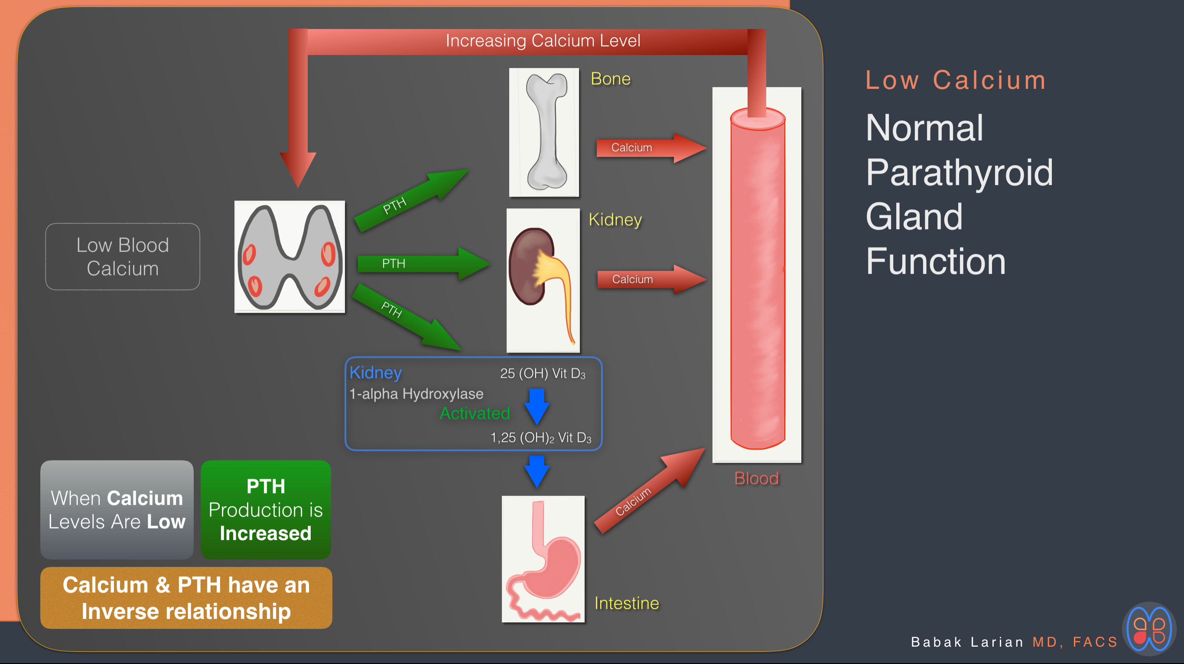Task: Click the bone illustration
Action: coord(544,133)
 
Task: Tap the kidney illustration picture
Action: coord(543,280)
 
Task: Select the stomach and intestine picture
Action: coord(543,559)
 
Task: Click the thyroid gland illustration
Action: coord(289,257)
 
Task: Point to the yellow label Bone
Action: coord(610,78)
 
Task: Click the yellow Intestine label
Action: coord(627,603)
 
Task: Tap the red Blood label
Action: coord(756,478)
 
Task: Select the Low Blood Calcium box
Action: coord(123,256)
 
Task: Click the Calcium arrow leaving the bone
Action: coord(651,148)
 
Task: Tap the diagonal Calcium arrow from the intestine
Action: coord(650,491)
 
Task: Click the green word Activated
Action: coord(475,413)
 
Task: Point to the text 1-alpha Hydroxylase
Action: coord(416,394)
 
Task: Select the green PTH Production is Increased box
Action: coord(266,510)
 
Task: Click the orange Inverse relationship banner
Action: coord(186,598)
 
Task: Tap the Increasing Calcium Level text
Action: coord(543,40)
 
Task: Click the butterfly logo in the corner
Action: coord(1149,629)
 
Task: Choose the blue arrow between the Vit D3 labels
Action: coord(537,407)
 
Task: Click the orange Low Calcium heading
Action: coord(956,80)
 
